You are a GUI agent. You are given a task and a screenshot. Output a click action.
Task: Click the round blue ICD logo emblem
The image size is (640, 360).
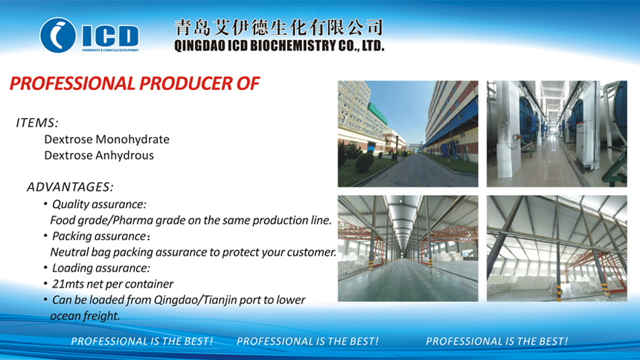[57, 35]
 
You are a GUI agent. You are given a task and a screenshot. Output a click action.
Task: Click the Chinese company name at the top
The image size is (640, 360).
[279, 28]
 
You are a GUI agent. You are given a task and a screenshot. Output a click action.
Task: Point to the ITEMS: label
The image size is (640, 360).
[37, 123]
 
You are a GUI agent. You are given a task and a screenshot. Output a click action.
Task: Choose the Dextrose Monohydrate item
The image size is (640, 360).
[107, 139]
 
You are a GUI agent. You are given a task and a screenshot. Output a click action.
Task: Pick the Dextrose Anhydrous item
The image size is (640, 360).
[99, 155]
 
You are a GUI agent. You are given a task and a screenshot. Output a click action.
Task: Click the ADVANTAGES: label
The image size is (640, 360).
[70, 187]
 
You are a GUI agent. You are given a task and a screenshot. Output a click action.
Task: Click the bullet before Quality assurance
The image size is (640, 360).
[45, 203]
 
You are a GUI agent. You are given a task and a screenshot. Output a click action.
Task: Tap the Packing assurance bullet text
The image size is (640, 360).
[100, 236]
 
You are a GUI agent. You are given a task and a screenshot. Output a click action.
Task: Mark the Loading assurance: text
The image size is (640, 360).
[101, 268]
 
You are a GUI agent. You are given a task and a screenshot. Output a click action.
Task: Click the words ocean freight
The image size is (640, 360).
[85, 316]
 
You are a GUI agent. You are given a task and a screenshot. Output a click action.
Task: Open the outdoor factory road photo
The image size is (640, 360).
[408, 134]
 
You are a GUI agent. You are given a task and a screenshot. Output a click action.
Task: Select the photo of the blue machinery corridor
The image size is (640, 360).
[557, 134]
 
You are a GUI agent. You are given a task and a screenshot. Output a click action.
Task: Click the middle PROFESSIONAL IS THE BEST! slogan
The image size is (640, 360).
[307, 341]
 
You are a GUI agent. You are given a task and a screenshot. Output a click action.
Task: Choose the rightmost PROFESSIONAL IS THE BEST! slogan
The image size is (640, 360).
[496, 341]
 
